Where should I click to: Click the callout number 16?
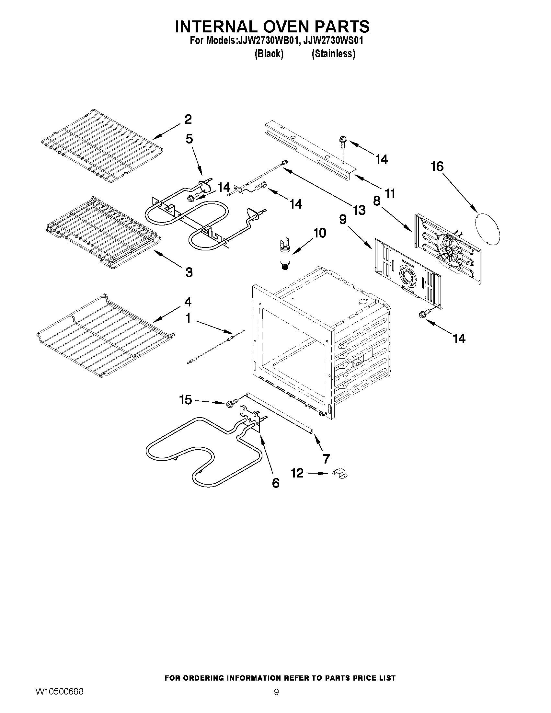tap(437, 167)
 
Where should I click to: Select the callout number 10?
tap(320, 233)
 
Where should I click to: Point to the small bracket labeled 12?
tap(340, 474)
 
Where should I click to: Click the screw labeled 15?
tap(229, 404)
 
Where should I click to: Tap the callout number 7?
tap(326, 459)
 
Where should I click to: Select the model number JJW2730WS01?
tap(333, 41)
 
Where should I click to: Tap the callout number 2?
tap(188, 120)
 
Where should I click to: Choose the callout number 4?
tap(188, 302)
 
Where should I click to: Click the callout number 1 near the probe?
tap(188, 319)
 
